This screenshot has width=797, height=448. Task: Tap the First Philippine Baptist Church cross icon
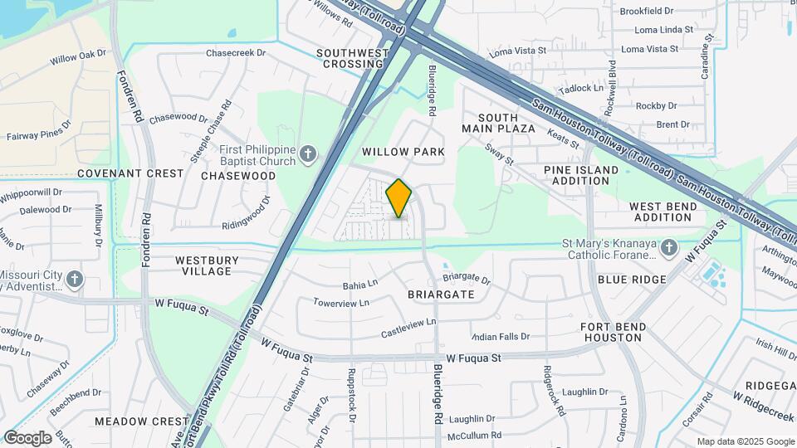point(307,153)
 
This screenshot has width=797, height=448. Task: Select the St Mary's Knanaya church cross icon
point(670,248)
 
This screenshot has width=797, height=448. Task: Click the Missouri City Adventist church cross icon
point(75,279)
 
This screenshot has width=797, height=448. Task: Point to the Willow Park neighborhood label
point(403,152)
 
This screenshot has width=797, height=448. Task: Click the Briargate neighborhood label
point(441,295)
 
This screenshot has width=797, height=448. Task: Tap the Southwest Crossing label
point(353,58)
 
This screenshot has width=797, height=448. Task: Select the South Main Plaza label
point(506,124)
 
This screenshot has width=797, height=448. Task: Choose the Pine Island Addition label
point(581,175)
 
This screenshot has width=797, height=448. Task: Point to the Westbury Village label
point(207,265)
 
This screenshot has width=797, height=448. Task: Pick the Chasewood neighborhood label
point(238,176)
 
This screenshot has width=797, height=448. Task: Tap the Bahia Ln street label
point(360,285)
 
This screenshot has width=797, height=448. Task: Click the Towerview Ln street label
point(341,304)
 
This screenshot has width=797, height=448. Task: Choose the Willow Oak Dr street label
point(78,57)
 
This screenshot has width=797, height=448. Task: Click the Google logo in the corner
point(27,438)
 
